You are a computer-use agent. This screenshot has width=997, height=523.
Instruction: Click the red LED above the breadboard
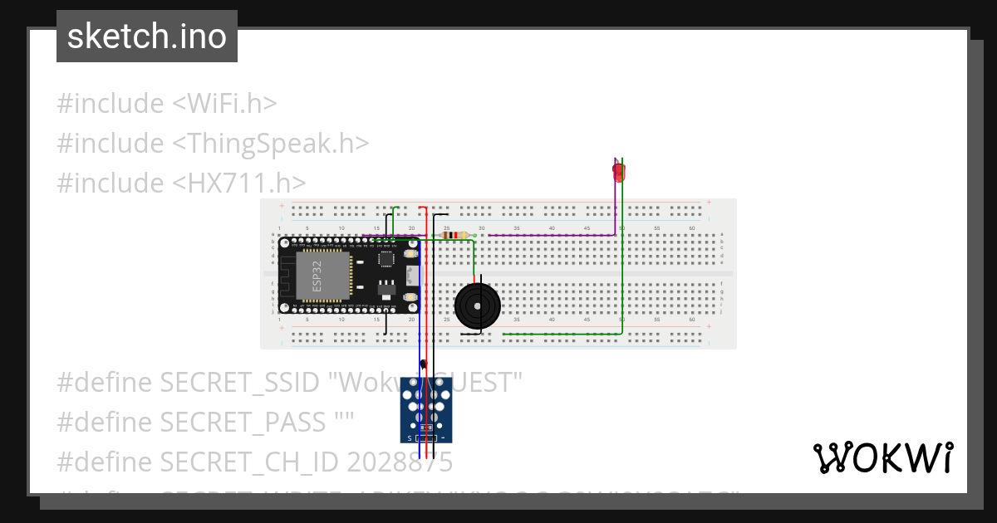pos(619,173)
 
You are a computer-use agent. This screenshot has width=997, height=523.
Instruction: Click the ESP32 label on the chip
pos(317,275)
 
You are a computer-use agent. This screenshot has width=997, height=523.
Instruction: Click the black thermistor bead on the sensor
pos(424,364)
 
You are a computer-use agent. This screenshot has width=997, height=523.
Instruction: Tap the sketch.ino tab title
pos(147,37)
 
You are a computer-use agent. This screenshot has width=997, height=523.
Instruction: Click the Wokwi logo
pos(882,457)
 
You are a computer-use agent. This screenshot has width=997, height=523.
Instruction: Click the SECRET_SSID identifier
pos(239,383)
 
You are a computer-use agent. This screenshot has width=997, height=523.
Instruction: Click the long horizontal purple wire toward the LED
pos(548,236)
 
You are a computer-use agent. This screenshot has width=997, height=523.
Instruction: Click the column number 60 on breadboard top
pos(692,227)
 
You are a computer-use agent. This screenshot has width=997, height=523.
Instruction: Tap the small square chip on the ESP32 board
pos(386,259)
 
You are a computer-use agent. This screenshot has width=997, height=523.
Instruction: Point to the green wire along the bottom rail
pos(565,334)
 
